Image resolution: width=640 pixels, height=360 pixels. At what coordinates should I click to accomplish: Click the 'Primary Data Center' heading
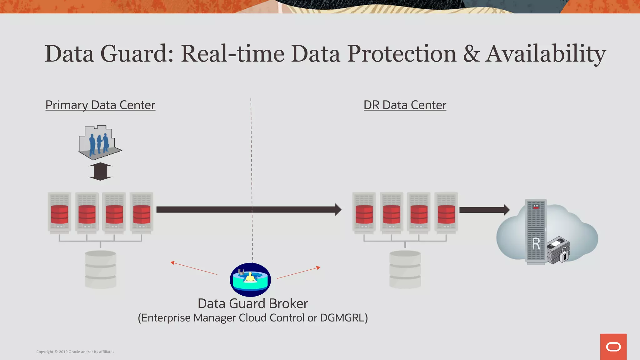[100, 105]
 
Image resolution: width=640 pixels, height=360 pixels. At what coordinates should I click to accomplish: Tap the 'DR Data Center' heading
[405, 105]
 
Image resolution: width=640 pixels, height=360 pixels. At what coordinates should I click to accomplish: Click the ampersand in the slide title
[471, 54]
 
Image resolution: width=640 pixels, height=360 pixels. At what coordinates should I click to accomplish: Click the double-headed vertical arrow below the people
[100, 171]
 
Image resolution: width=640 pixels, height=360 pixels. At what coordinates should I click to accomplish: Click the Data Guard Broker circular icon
[250, 280]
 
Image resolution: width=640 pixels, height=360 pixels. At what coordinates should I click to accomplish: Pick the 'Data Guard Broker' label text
[252, 304]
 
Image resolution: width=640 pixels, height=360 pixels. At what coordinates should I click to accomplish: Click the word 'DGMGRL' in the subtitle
[342, 318]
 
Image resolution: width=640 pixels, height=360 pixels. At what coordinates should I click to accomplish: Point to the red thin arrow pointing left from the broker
[194, 268]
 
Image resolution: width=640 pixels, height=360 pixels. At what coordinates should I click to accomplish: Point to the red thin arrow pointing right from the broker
[298, 273]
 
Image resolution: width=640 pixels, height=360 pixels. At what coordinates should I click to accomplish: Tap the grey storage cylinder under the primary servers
[100, 269]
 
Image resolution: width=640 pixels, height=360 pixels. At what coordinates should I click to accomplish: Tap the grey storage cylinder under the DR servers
[405, 269]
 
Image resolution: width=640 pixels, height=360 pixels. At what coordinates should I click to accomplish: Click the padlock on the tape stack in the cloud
[564, 254]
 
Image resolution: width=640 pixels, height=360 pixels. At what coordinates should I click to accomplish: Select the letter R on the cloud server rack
[536, 244]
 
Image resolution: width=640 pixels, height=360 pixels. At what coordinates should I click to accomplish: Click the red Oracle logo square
[613, 347]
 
